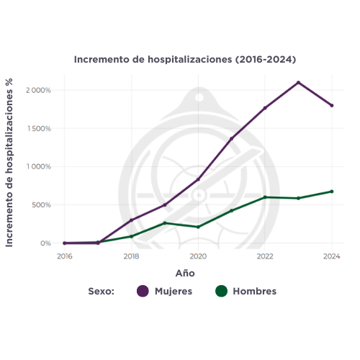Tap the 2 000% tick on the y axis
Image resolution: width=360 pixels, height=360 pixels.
coord(38,91)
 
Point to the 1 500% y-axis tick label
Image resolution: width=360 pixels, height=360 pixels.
coord(38,129)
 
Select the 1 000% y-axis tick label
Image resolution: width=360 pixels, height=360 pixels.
coord(38,167)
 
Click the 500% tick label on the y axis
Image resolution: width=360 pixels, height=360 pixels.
coord(40,205)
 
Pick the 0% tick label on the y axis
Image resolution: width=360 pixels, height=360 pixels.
coord(45,243)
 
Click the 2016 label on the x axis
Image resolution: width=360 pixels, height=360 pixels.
coord(65,256)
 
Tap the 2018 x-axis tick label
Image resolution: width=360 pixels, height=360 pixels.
coord(131,256)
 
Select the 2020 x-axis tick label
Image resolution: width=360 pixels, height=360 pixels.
coord(198,256)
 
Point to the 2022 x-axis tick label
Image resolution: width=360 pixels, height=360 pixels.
coord(265,256)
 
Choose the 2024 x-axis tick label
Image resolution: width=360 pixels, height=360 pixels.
coord(332,256)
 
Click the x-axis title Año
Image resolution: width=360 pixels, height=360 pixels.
coord(185,274)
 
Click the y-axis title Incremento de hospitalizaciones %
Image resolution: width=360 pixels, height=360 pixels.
coord(10,162)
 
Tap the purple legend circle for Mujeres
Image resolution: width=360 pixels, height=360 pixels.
coord(143,292)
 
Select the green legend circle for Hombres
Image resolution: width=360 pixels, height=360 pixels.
coord(221,292)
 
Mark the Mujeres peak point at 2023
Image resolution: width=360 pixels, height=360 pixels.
coord(298,83)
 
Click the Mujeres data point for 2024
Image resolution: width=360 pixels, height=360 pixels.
coord(332,106)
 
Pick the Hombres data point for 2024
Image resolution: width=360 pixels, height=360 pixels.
coord(332,192)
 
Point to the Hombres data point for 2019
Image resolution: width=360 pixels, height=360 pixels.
coord(165,223)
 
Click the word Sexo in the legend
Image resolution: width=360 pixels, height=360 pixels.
coord(102,292)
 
